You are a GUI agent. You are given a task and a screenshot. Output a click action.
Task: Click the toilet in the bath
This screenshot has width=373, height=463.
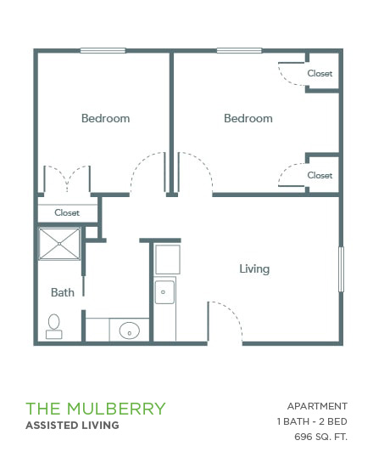(54, 326)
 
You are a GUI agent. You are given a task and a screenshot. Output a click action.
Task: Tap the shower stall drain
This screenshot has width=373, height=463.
(59, 244)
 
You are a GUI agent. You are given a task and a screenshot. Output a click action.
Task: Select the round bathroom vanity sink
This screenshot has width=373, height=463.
(130, 330)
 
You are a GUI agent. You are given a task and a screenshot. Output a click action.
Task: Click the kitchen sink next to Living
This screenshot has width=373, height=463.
(164, 292)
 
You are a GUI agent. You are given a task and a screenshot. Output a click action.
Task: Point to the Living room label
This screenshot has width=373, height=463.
(254, 268)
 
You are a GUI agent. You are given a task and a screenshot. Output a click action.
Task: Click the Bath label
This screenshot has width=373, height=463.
(63, 292)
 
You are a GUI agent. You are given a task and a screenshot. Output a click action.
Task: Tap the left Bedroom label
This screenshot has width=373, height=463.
(105, 118)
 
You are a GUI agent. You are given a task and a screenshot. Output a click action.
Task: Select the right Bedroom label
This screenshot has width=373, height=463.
(248, 118)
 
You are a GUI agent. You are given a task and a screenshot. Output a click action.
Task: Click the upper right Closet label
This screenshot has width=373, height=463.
(320, 73)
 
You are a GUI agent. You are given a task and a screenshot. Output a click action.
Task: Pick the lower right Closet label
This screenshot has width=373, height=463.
(320, 175)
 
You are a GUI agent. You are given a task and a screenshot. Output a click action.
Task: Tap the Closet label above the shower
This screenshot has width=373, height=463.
(67, 212)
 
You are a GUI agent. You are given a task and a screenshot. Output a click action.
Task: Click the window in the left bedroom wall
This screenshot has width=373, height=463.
(103, 50)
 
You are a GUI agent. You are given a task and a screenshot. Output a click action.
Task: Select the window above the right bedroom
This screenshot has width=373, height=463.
(239, 50)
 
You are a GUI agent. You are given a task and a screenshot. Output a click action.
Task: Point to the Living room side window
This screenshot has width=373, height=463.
(341, 269)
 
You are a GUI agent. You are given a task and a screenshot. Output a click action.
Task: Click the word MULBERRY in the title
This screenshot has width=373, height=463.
(116, 409)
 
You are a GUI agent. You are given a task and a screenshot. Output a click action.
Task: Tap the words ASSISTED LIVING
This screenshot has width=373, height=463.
(72, 426)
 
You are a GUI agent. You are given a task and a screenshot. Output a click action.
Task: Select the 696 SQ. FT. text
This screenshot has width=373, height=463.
(320, 437)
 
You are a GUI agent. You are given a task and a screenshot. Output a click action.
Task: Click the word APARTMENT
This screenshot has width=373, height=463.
(317, 406)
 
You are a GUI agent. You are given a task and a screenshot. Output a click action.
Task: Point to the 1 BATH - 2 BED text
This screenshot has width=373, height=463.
(312, 421)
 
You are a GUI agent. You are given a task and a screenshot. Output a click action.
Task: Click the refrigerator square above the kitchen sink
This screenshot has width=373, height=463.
(168, 259)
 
